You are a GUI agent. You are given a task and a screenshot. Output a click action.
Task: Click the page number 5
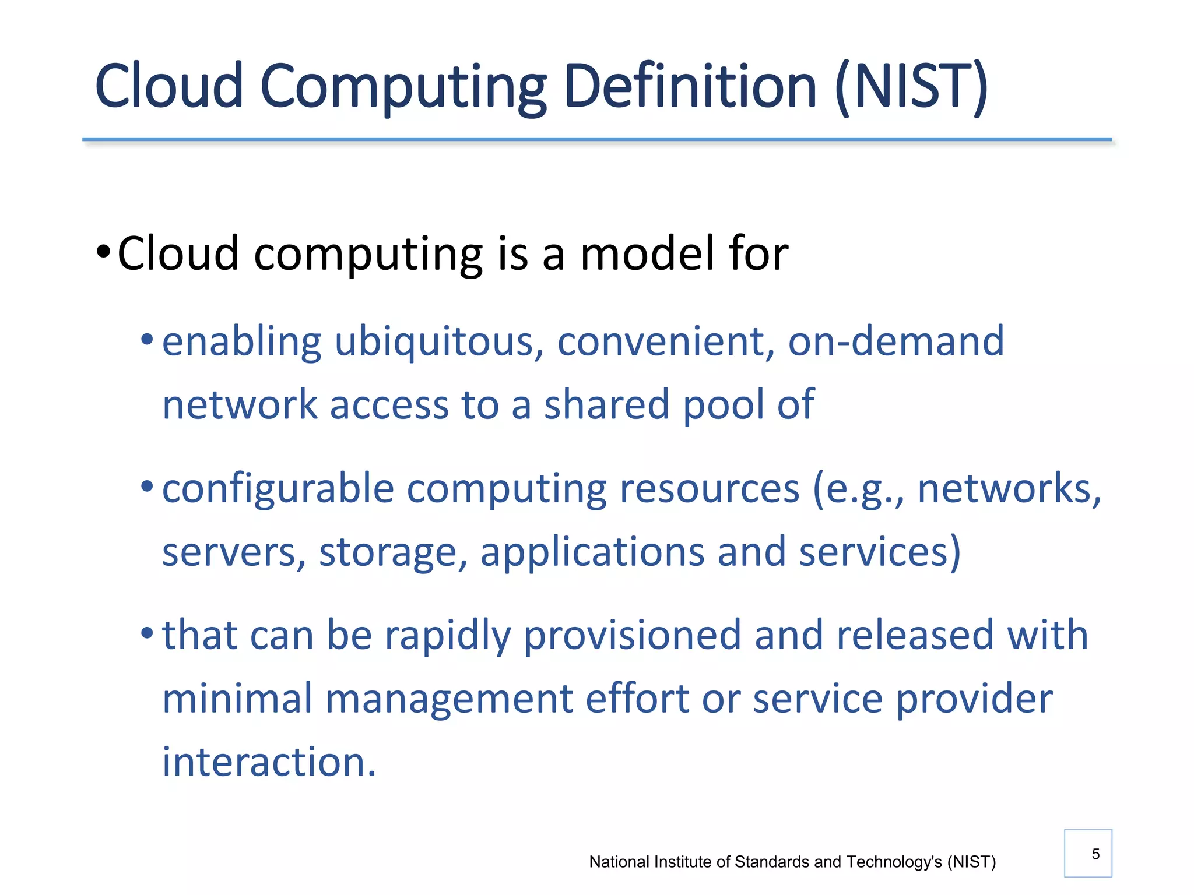(1095, 854)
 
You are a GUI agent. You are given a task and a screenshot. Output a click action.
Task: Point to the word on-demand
(896, 342)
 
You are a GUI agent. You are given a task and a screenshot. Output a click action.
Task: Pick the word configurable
(278, 489)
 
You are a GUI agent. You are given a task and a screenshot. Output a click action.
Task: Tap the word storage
(393, 552)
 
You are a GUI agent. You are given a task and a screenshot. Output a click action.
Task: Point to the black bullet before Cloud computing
(104, 253)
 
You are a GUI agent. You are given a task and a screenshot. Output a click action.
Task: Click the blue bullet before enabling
(147, 339)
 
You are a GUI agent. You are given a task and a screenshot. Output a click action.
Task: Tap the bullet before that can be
(147, 632)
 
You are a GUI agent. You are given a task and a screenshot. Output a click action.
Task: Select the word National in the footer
(620, 862)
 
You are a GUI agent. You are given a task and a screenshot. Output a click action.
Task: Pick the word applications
(592, 552)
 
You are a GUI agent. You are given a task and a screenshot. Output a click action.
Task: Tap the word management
(448, 699)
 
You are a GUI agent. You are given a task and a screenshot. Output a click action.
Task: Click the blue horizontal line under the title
(596, 140)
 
